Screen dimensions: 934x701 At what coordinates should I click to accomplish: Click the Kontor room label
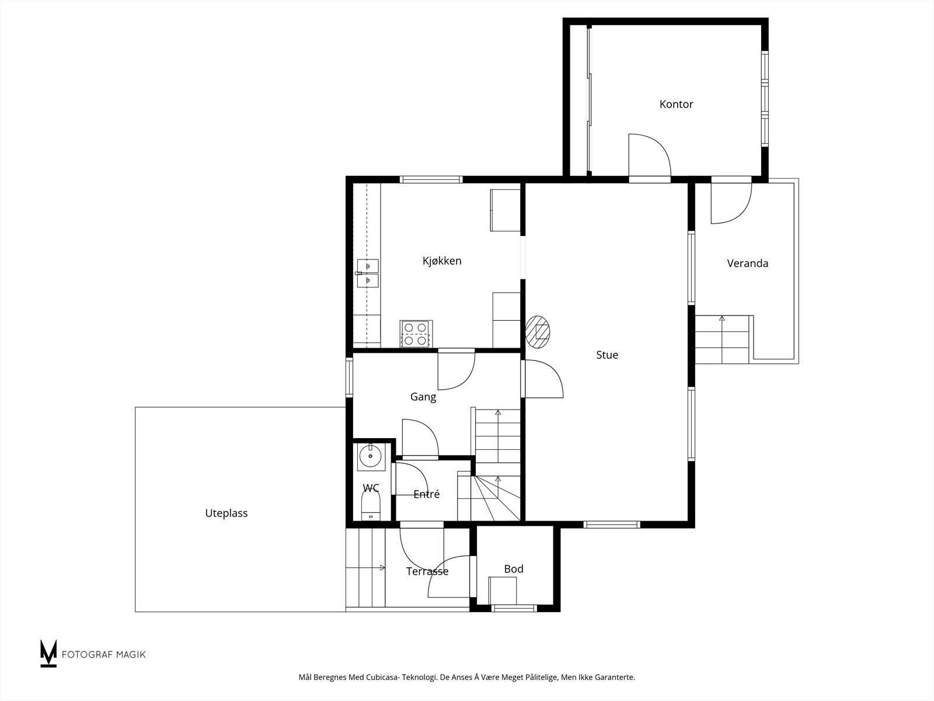[x=676, y=105]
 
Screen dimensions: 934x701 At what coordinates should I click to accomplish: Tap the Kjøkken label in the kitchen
[x=442, y=261]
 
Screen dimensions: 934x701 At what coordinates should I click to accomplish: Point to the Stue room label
[x=607, y=355]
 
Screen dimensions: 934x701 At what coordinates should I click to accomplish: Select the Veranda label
[x=748, y=263]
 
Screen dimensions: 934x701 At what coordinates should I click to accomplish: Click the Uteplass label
[x=226, y=513]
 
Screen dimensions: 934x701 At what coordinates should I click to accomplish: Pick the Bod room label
[x=514, y=569]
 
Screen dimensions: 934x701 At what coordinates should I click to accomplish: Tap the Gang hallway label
[x=423, y=397]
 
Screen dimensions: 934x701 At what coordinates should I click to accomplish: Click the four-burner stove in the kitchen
[x=416, y=334]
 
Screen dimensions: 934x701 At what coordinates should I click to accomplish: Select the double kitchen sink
[x=368, y=273]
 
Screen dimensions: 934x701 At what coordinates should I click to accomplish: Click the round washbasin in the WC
[x=370, y=457]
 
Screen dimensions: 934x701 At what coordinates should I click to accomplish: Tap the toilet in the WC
[x=371, y=505]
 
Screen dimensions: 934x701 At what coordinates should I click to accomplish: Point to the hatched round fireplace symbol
[x=538, y=332]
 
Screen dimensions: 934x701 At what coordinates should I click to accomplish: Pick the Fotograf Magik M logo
[x=48, y=653]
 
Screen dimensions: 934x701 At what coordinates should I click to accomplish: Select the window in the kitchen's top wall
[x=431, y=179]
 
